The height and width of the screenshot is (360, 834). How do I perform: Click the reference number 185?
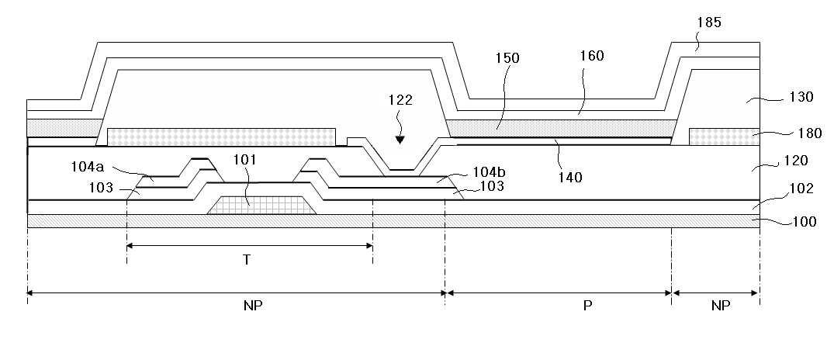tap(709, 22)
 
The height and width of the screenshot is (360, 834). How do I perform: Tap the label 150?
tap(507, 58)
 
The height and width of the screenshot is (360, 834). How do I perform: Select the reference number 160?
tap(591, 56)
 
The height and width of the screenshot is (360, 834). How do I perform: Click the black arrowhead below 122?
tap(400, 140)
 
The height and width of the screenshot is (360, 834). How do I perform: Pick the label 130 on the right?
tap(801, 97)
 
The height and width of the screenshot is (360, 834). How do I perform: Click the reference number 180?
tap(809, 133)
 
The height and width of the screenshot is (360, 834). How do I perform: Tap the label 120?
tap(801, 161)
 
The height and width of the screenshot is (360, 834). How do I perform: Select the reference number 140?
tap(569, 177)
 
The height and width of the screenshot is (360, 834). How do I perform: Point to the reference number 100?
tap(804, 222)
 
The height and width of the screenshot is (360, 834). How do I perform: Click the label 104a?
tap(88, 167)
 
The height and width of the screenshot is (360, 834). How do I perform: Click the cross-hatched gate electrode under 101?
tap(261, 206)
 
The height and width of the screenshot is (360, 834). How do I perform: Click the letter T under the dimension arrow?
tap(247, 260)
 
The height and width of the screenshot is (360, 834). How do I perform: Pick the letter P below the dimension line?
tap(588, 306)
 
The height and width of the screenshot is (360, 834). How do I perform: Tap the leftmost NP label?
tap(253, 306)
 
